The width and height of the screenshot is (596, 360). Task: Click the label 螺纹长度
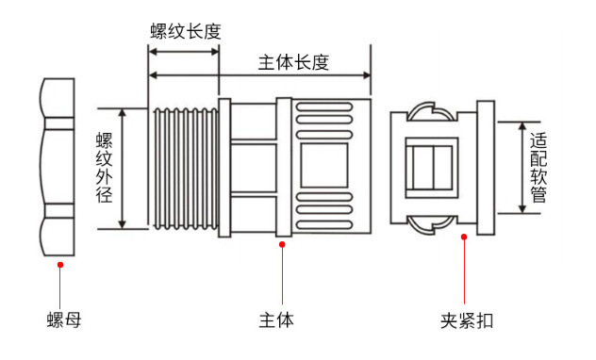tap(185, 31)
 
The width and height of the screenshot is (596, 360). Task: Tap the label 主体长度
tap(293, 62)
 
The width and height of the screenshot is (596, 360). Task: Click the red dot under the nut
tap(60, 265)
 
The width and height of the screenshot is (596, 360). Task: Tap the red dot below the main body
tap(282, 245)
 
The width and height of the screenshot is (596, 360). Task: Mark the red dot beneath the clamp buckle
tap(464, 237)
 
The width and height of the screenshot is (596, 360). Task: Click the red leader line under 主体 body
tap(282, 273)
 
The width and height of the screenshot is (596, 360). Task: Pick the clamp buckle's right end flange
tap(487, 167)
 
